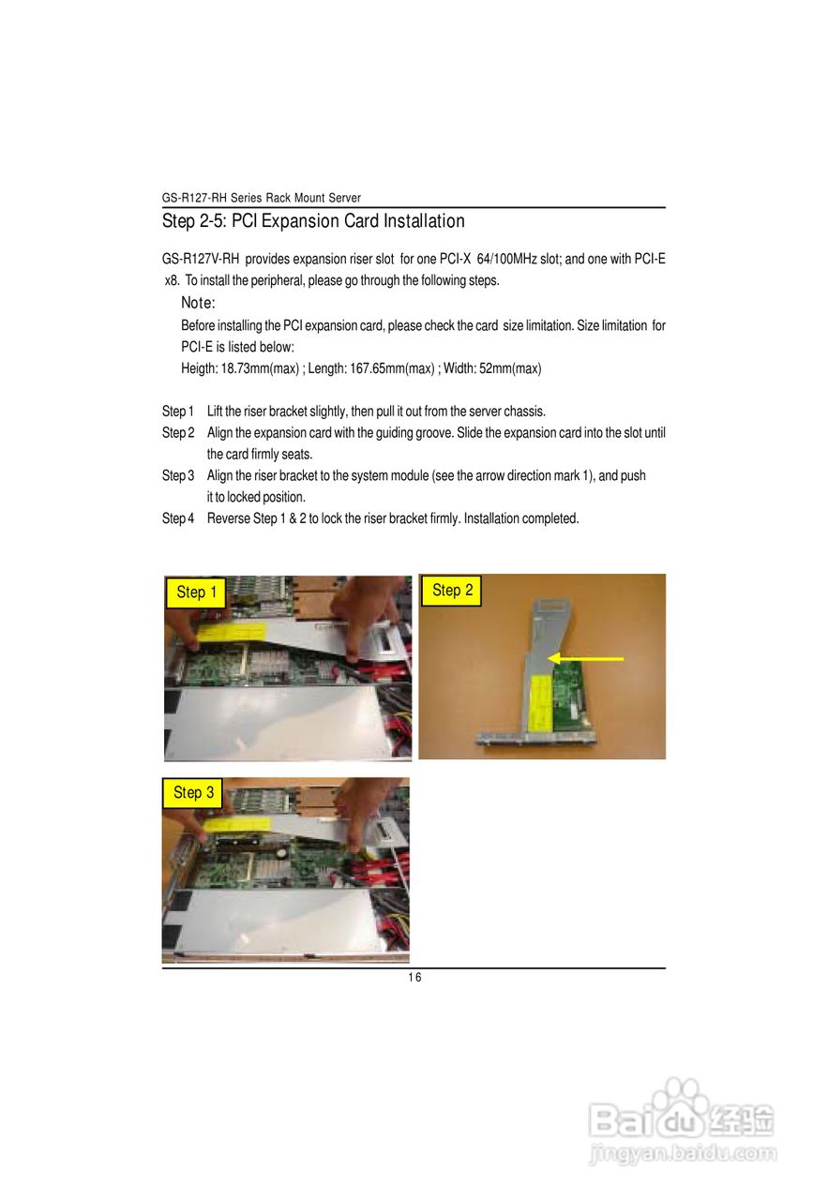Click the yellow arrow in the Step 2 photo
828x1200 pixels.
click(x=585, y=659)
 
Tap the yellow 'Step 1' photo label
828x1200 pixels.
click(x=197, y=592)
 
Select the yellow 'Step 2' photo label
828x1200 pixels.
click(x=452, y=591)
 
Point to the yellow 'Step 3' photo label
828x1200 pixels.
click(x=193, y=793)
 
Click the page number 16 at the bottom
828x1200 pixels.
click(x=414, y=978)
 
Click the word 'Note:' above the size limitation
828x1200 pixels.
click(x=198, y=303)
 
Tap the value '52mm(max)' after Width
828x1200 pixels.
click(x=510, y=368)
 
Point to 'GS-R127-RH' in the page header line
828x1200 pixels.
click(x=193, y=198)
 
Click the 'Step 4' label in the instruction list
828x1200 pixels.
click(x=177, y=518)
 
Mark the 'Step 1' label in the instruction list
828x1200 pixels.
click(x=177, y=412)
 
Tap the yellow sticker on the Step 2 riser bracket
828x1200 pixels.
click(x=542, y=703)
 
